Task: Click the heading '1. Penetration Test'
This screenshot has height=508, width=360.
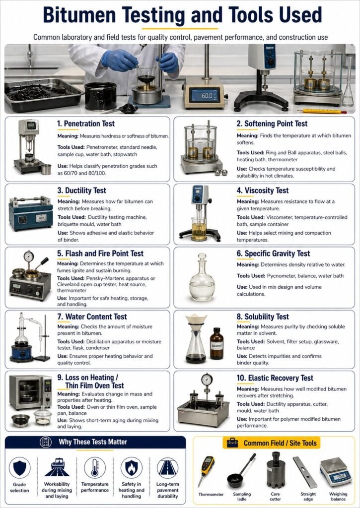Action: pos(86,124)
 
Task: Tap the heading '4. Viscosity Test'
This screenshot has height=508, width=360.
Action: pos(263,190)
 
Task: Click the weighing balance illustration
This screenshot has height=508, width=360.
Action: pos(336,471)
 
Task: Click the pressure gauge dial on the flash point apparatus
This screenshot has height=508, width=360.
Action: pos(28,256)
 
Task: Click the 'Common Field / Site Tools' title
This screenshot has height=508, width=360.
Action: pos(280,443)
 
